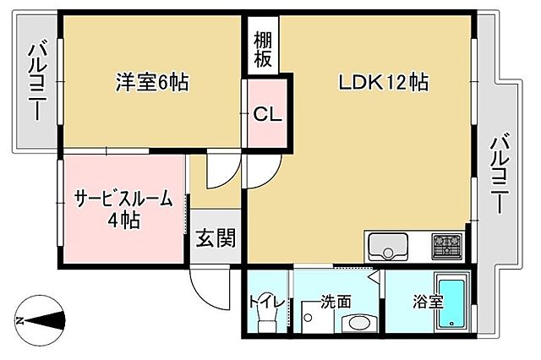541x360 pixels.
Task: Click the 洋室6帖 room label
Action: [151, 82]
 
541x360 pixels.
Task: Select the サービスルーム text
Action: [123, 200]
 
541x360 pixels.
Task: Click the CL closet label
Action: [267, 112]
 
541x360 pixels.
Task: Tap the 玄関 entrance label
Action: [216, 239]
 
